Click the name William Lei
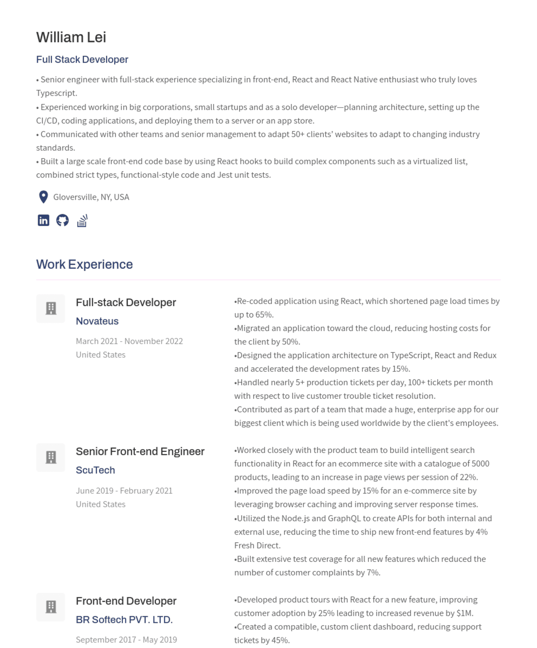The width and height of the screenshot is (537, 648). (x=71, y=37)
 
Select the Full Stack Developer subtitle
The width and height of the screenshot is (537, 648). (x=82, y=60)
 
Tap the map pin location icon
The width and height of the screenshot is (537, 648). (x=43, y=197)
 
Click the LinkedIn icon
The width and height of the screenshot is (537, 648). (x=43, y=220)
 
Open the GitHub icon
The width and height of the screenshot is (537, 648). (x=62, y=220)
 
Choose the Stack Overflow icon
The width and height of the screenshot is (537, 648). (x=82, y=220)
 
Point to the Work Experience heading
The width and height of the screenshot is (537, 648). (x=84, y=264)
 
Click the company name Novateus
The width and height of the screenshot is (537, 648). (x=97, y=321)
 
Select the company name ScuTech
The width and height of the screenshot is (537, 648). (x=95, y=470)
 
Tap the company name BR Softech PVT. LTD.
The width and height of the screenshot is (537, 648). (x=124, y=620)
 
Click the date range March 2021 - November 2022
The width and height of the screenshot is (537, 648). (x=129, y=341)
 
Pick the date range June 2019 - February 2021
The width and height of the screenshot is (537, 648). (x=124, y=491)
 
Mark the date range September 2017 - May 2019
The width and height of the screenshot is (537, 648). (x=126, y=639)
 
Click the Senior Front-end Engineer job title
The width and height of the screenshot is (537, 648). (x=140, y=451)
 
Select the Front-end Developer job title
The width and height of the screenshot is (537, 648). (x=126, y=601)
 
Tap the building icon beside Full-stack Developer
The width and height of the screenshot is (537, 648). (x=51, y=308)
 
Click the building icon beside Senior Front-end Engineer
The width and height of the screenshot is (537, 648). (x=51, y=457)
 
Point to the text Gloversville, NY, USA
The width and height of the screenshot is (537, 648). (x=91, y=197)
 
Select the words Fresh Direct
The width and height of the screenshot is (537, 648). (x=257, y=545)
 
